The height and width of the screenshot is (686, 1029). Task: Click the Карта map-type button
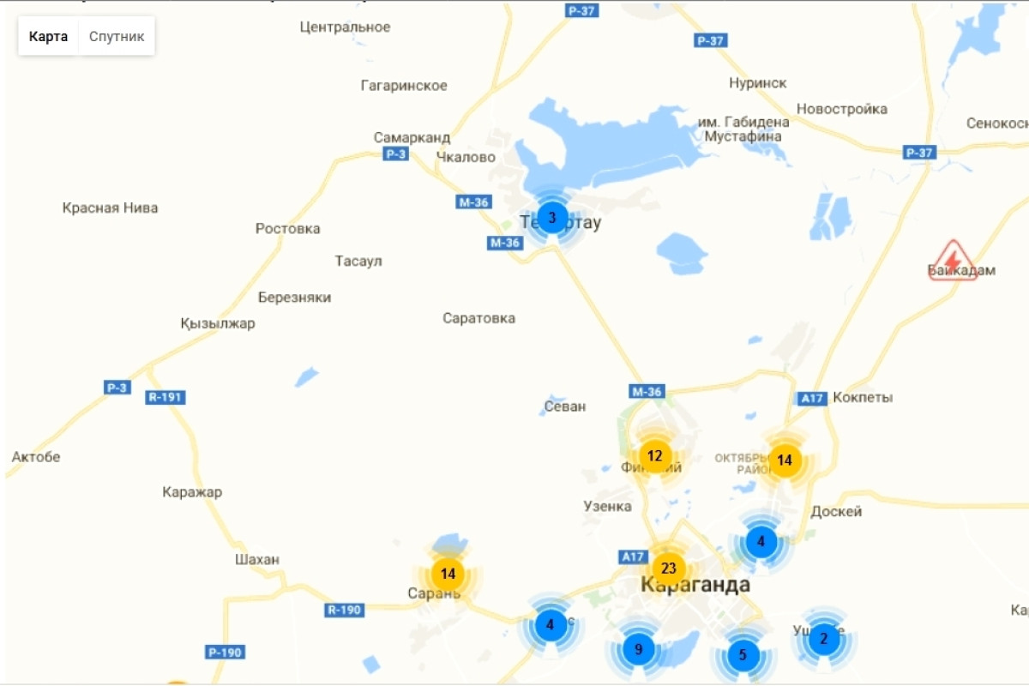tap(48, 37)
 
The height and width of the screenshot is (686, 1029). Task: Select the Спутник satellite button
tap(117, 37)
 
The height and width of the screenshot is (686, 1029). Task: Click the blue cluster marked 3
tap(552, 218)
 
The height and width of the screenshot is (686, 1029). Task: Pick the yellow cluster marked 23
tap(669, 568)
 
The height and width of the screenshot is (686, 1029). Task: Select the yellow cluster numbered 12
tap(655, 456)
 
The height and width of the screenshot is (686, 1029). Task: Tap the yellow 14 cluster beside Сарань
tap(448, 573)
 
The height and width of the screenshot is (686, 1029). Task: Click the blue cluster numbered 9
tap(638, 649)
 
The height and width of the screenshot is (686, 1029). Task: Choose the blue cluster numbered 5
tap(743, 656)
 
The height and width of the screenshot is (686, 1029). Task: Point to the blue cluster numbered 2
tap(824, 638)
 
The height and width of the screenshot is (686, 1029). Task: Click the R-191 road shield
tap(166, 397)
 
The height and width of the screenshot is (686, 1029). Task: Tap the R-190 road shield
tap(345, 611)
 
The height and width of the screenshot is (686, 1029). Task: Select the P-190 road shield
tap(226, 652)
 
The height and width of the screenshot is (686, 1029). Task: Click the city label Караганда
tap(695, 585)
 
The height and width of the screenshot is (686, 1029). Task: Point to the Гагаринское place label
tap(404, 86)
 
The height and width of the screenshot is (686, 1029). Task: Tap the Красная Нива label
tap(110, 208)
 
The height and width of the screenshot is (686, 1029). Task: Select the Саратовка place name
tap(478, 318)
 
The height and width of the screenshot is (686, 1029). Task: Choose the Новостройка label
tap(841, 109)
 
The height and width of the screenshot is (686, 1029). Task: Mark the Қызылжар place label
tap(218, 323)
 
